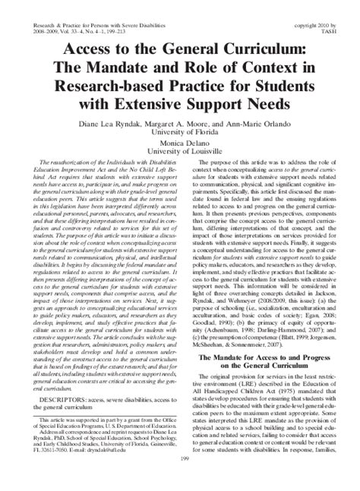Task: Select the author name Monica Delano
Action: point(179,140)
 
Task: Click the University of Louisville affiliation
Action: point(180,150)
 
